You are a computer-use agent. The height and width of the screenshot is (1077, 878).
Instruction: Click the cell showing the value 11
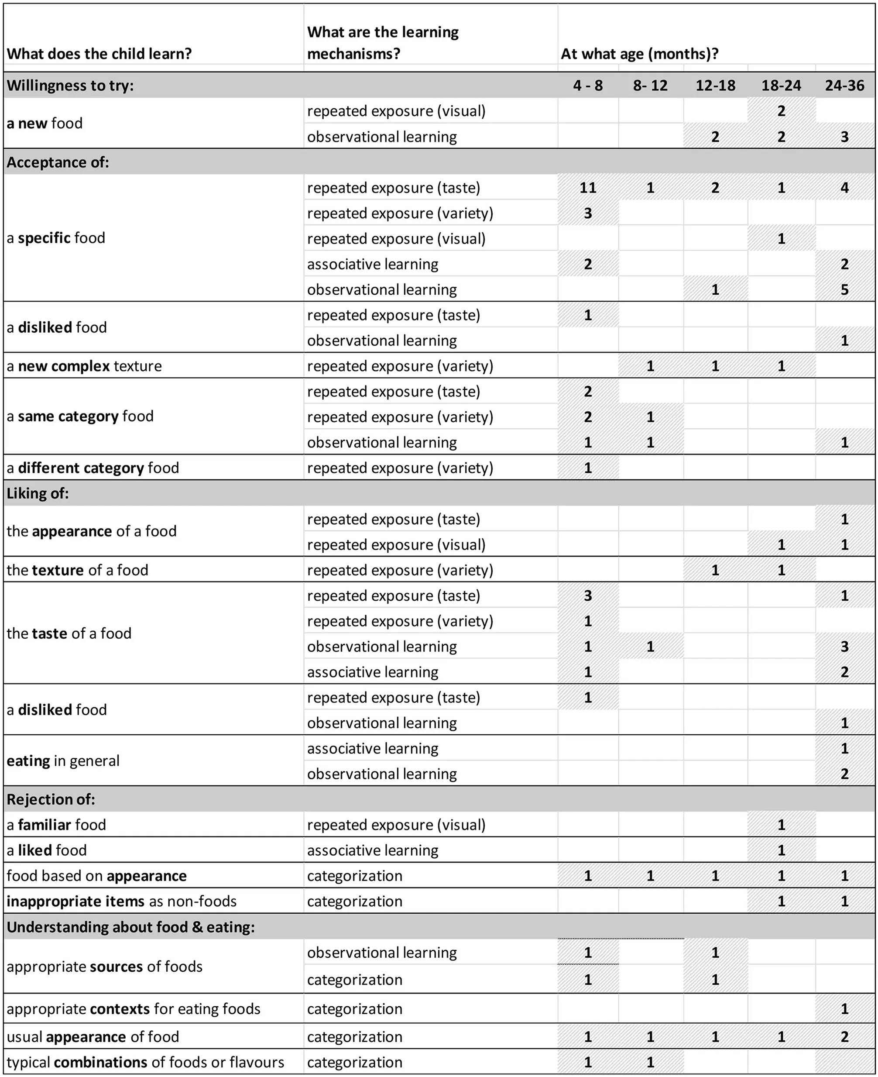pyautogui.click(x=587, y=188)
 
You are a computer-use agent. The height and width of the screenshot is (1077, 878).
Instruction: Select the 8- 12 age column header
pyautogui.click(x=650, y=85)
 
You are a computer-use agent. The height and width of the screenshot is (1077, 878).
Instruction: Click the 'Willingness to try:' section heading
pyautogui.click(x=70, y=85)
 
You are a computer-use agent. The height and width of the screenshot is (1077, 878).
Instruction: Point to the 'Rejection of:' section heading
pyautogui.click(x=51, y=799)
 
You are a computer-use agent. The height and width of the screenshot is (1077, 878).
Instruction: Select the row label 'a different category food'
pyautogui.click(x=93, y=468)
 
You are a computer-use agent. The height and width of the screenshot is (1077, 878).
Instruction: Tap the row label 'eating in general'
pyautogui.click(x=63, y=760)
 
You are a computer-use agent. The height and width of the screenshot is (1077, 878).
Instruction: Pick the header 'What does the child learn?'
pyautogui.click(x=99, y=54)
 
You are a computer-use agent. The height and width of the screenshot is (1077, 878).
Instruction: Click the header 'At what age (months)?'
pyautogui.click(x=639, y=54)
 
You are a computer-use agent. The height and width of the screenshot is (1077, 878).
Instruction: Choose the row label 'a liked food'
pyautogui.click(x=47, y=850)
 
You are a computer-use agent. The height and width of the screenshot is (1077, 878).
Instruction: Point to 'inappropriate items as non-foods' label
pyautogui.click(x=121, y=901)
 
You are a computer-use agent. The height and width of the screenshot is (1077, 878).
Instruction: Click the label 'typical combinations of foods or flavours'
pyautogui.click(x=145, y=1062)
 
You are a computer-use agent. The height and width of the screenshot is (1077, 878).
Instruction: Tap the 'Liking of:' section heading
pyautogui.click(x=38, y=493)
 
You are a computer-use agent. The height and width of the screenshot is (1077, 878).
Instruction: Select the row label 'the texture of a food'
pyautogui.click(x=77, y=570)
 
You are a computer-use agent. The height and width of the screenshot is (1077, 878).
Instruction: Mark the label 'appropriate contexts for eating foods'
pyautogui.click(x=133, y=1009)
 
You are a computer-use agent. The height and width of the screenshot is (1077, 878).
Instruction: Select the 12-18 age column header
pyautogui.click(x=715, y=85)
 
